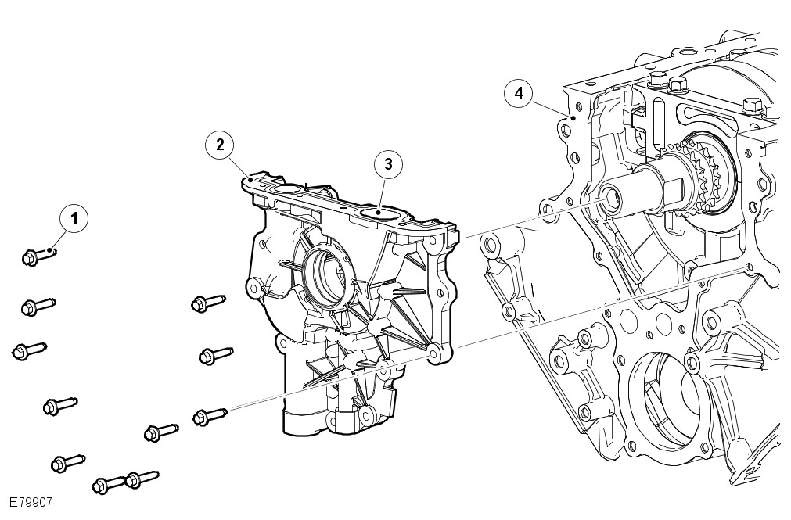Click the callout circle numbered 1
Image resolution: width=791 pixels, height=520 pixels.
[x=74, y=218]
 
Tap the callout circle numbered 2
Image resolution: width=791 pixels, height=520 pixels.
[x=221, y=144]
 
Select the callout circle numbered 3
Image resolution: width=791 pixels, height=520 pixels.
[x=388, y=163]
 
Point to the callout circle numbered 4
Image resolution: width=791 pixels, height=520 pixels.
[x=518, y=92]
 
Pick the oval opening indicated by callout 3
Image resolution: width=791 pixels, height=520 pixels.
[x=376, y=210]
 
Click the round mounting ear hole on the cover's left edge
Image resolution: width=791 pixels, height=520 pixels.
[x=254, y=287]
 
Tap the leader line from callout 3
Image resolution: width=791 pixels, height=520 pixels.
[x=382, y=190]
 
